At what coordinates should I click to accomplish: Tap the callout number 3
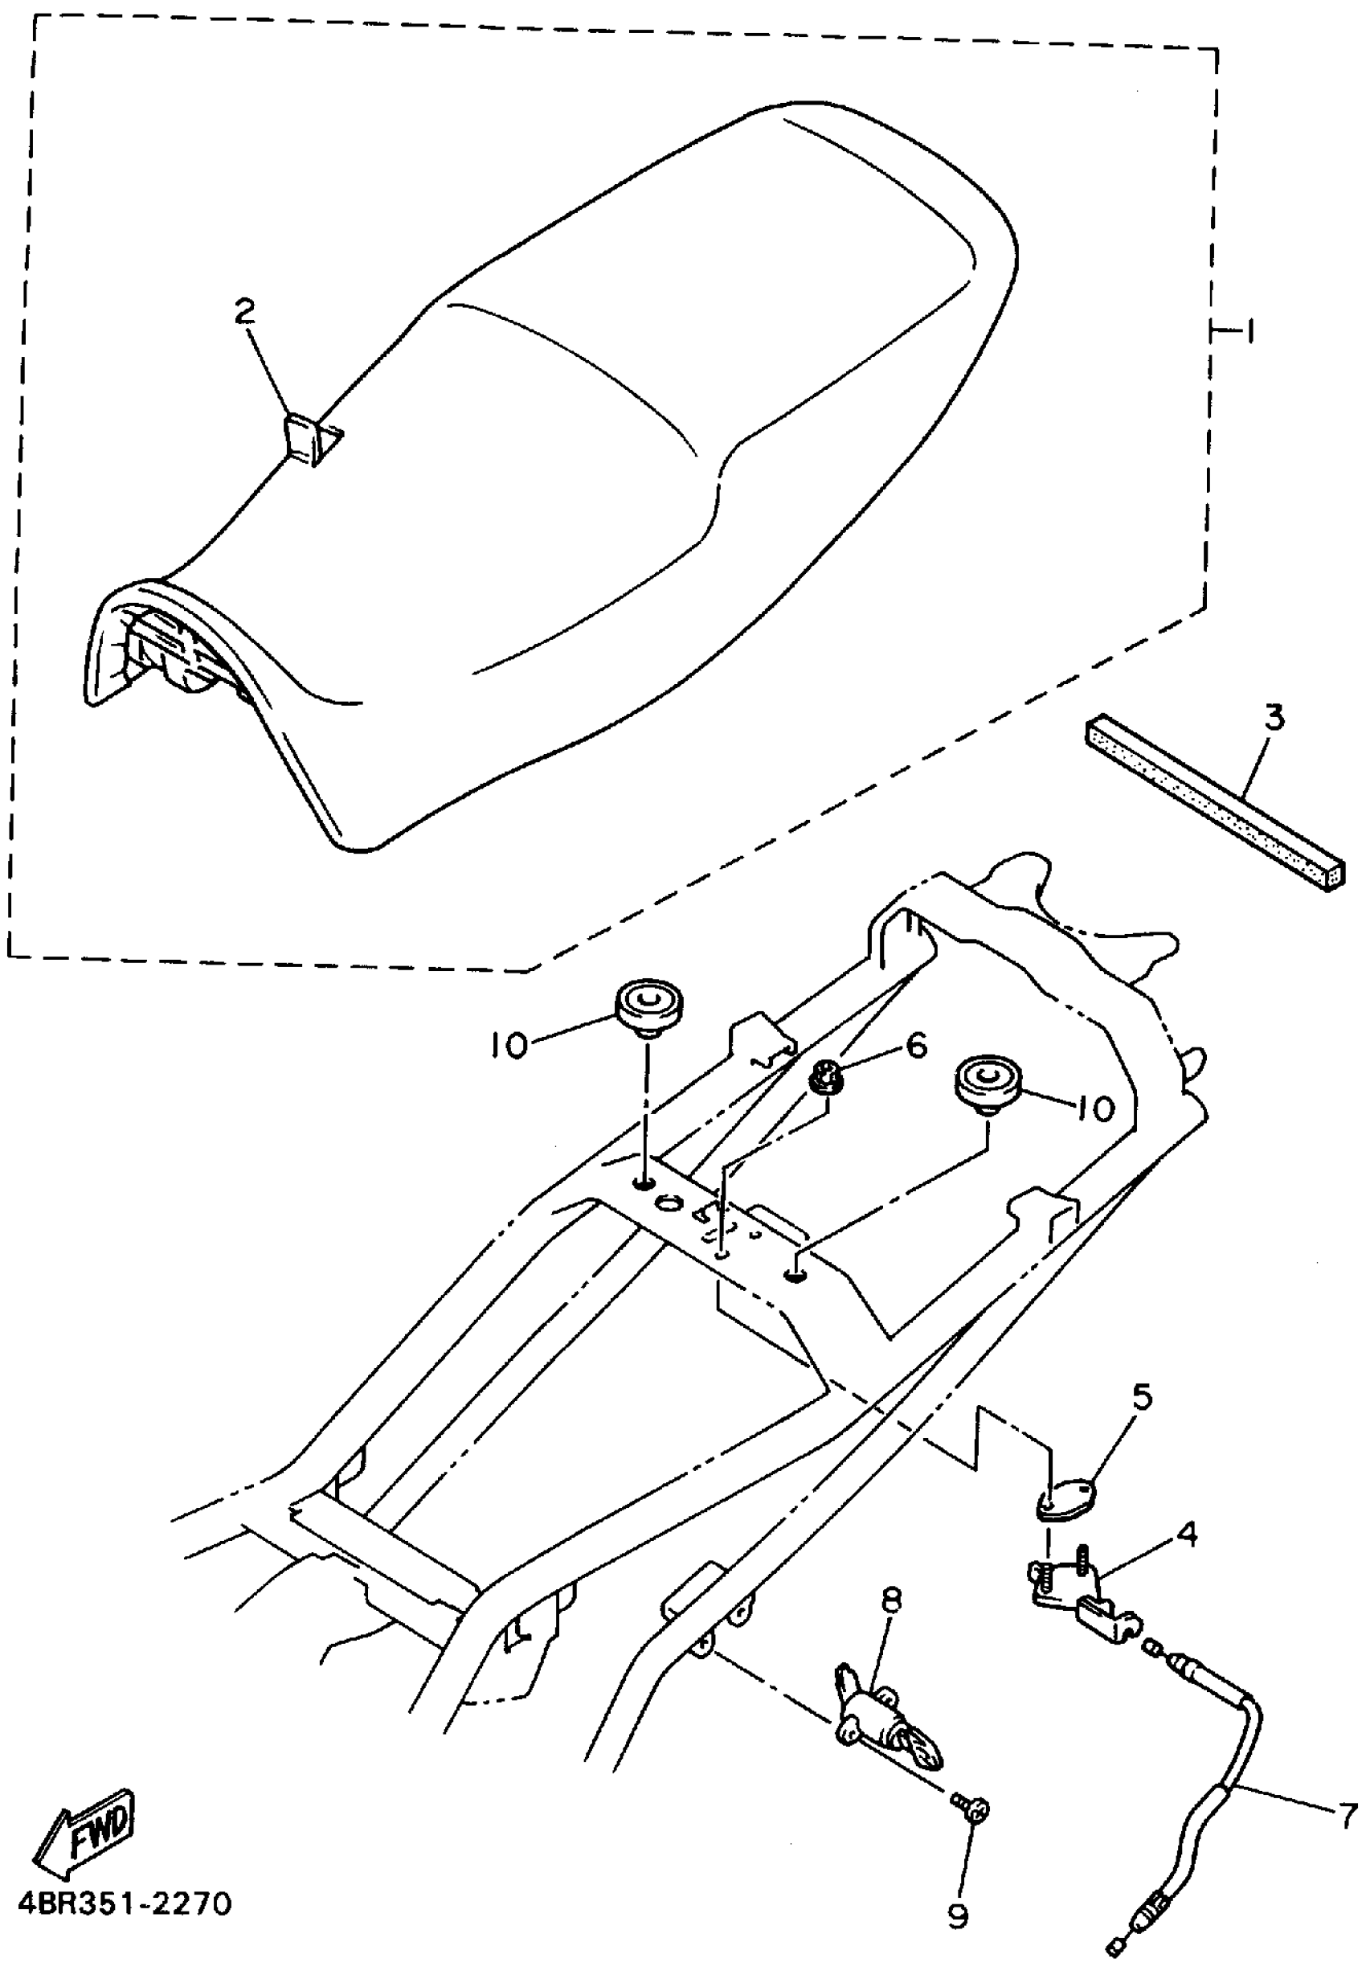click(1274, 717)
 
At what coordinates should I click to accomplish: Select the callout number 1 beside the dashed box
click(1249, 330)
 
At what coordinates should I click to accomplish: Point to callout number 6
click(917, 1045)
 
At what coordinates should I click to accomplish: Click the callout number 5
click(1142, 1396)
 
